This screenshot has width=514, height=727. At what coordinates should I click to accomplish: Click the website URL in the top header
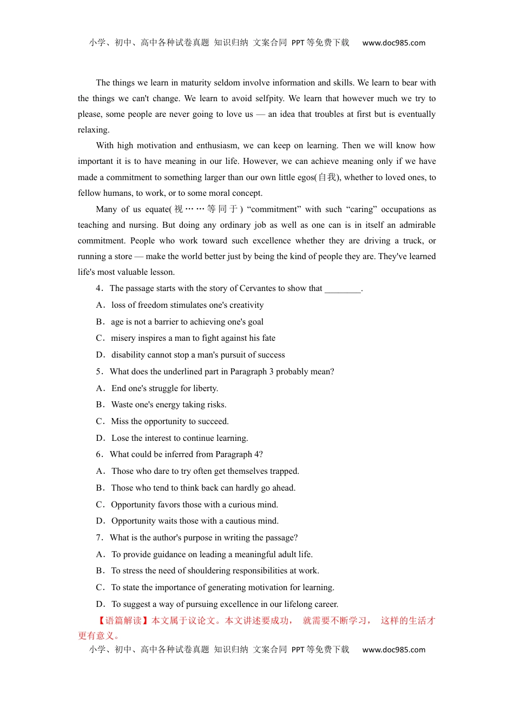coord(393,43)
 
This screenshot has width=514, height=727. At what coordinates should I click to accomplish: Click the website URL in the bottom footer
coord(393,650)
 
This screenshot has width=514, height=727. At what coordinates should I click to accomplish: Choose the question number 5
coord(99,372)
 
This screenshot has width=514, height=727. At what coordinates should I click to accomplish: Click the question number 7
coord(99,538)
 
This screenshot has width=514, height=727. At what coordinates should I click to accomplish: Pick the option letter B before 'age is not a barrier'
coord(100,322)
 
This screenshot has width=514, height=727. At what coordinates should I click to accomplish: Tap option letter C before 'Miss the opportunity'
coord(100,421)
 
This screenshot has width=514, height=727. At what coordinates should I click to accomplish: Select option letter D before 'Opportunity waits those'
coord(100,521)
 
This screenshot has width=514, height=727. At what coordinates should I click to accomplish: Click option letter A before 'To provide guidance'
coord(100,554)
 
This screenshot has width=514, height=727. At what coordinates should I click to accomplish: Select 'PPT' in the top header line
coord(298,43)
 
